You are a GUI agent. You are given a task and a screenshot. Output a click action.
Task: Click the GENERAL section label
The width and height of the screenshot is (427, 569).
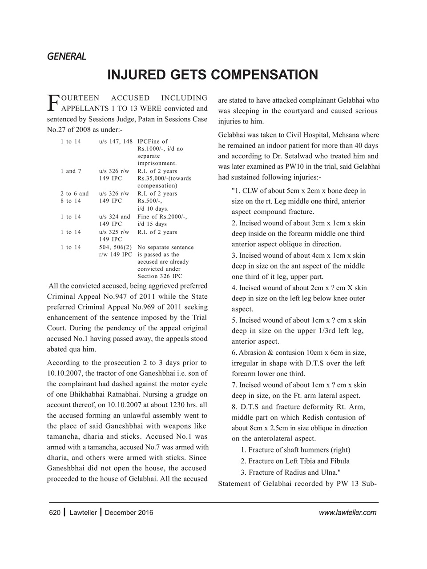(66, 56)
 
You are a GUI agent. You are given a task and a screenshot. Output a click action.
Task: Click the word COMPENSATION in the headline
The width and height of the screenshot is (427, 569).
(264, 74)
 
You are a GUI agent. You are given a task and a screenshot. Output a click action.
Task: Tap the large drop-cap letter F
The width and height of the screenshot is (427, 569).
(53, 102)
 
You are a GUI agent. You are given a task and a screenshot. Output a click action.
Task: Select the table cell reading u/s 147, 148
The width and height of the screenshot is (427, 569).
(116, 141)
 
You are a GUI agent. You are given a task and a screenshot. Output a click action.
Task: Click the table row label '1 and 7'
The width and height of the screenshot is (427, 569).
(71, 171)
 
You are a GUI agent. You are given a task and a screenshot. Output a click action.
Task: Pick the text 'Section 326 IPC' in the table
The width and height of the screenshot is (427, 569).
(160, 276)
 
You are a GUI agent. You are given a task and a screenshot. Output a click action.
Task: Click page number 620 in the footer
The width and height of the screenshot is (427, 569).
(54, 513)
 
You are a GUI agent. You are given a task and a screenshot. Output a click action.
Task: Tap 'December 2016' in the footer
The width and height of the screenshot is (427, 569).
(129, 513)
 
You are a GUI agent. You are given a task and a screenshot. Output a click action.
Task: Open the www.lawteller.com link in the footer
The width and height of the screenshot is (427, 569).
(348, 513)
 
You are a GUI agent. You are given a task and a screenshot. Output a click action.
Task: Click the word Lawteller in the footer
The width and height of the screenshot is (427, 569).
(83, 513)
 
